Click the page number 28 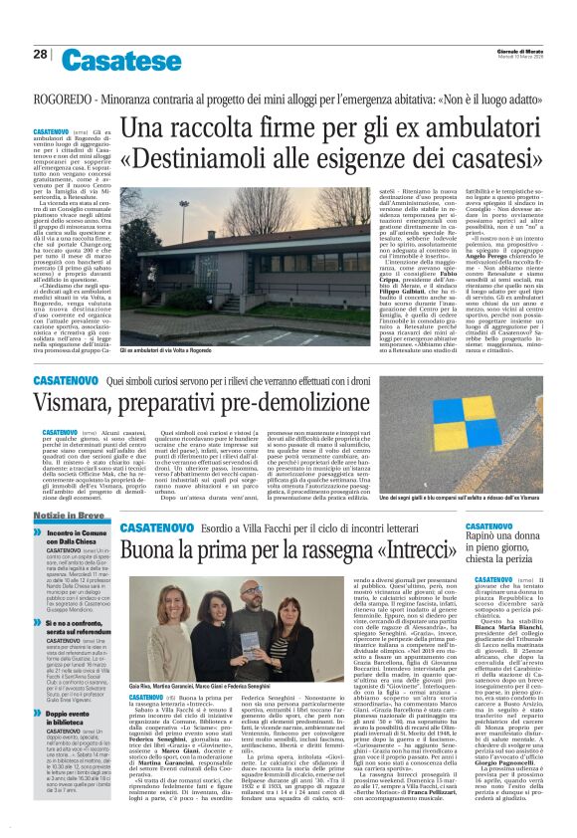[40, 55]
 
